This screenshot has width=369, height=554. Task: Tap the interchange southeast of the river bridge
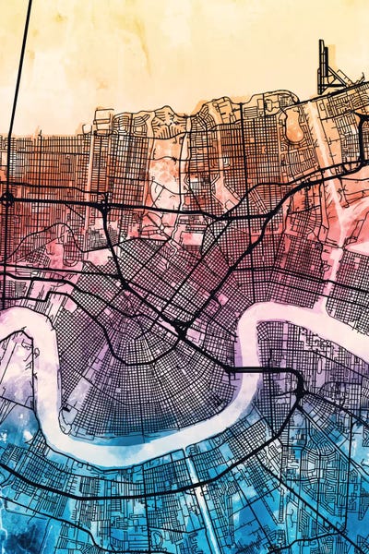tap(300, 392)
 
